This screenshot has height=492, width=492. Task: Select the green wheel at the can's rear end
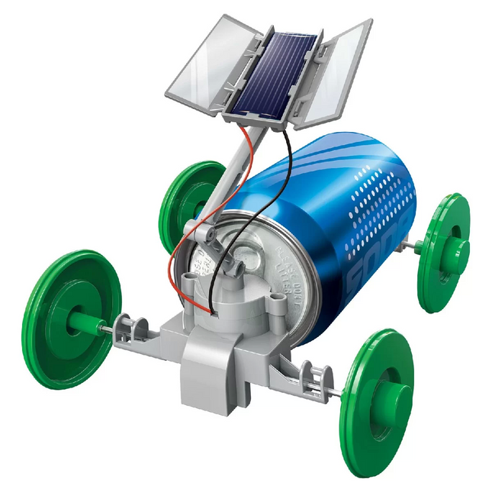(443, 252)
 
